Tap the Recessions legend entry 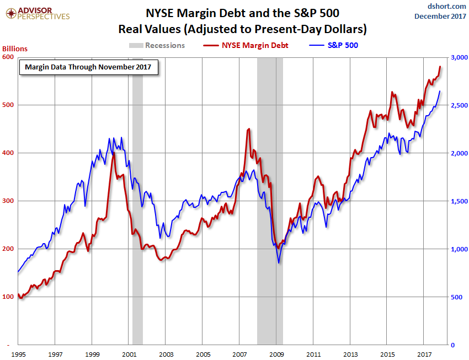157,45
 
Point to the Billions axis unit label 14,49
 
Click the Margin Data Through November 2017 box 88,67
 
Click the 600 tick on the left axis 8,57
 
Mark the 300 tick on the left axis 8,201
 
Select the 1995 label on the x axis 19,353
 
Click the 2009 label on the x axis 276,353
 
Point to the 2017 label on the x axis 424,353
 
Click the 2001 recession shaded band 137,198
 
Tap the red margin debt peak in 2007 249,129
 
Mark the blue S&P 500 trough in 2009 279,262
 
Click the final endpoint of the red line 440,67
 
